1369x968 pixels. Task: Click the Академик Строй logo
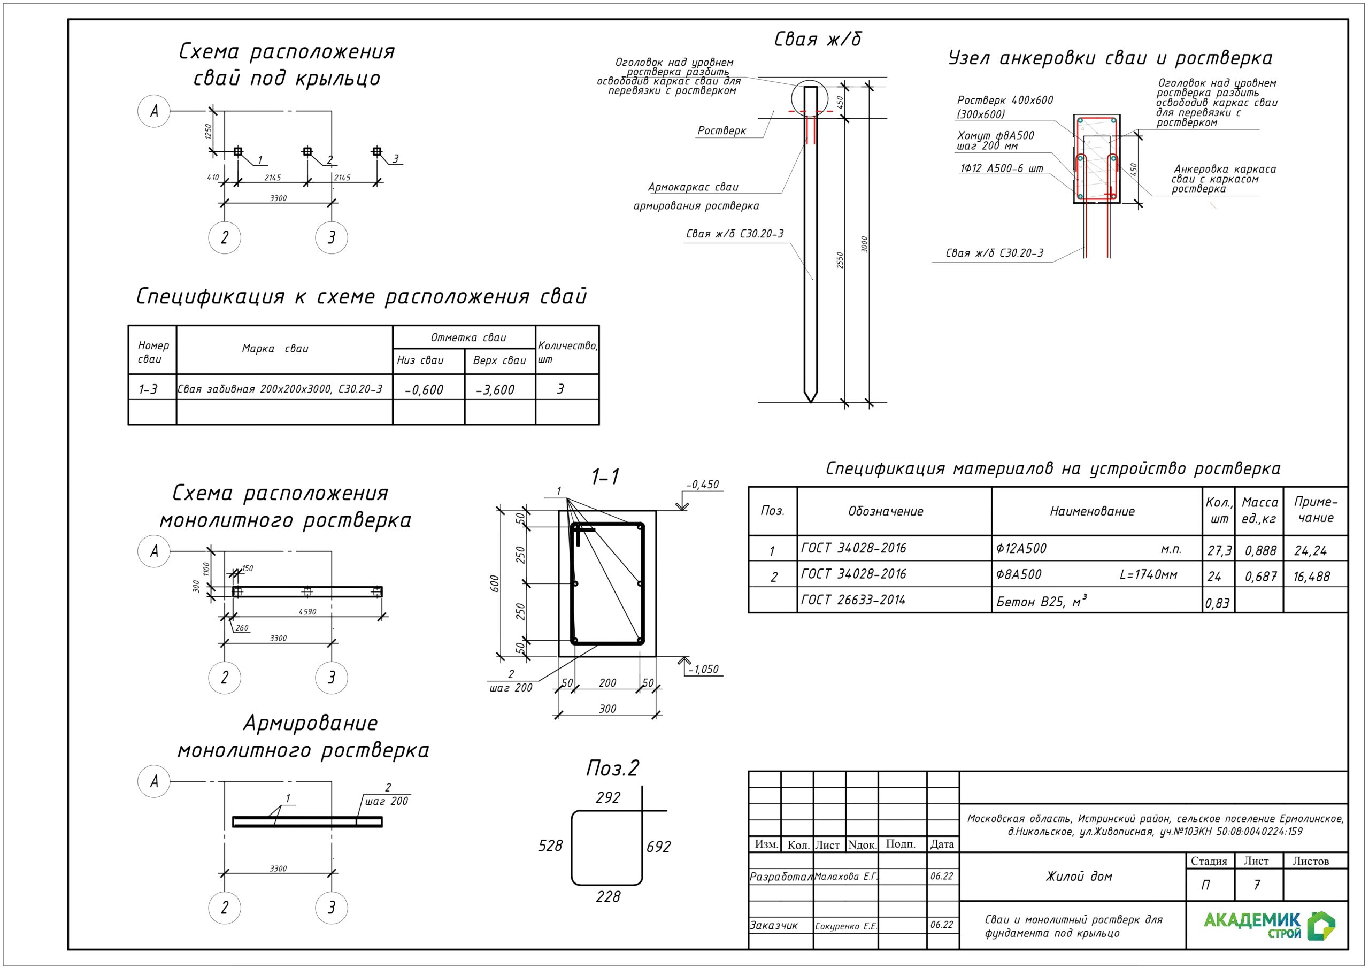1269,925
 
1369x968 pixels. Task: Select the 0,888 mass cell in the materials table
1260,550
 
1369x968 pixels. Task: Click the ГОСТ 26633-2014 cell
853,600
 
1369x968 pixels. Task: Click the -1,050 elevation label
704,669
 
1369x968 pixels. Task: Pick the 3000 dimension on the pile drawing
865,244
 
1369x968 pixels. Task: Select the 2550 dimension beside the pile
840,260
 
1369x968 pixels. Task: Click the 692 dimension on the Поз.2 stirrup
658,846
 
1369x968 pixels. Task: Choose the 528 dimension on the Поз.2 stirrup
550,846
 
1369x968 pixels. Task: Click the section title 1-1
605,477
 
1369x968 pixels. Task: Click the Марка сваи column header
275,349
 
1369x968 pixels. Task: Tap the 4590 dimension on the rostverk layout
307,611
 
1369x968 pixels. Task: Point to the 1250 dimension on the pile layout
208,131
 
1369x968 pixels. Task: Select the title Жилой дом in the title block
1079,876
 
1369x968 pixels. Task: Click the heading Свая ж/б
818,40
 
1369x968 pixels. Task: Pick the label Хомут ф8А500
995,135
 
